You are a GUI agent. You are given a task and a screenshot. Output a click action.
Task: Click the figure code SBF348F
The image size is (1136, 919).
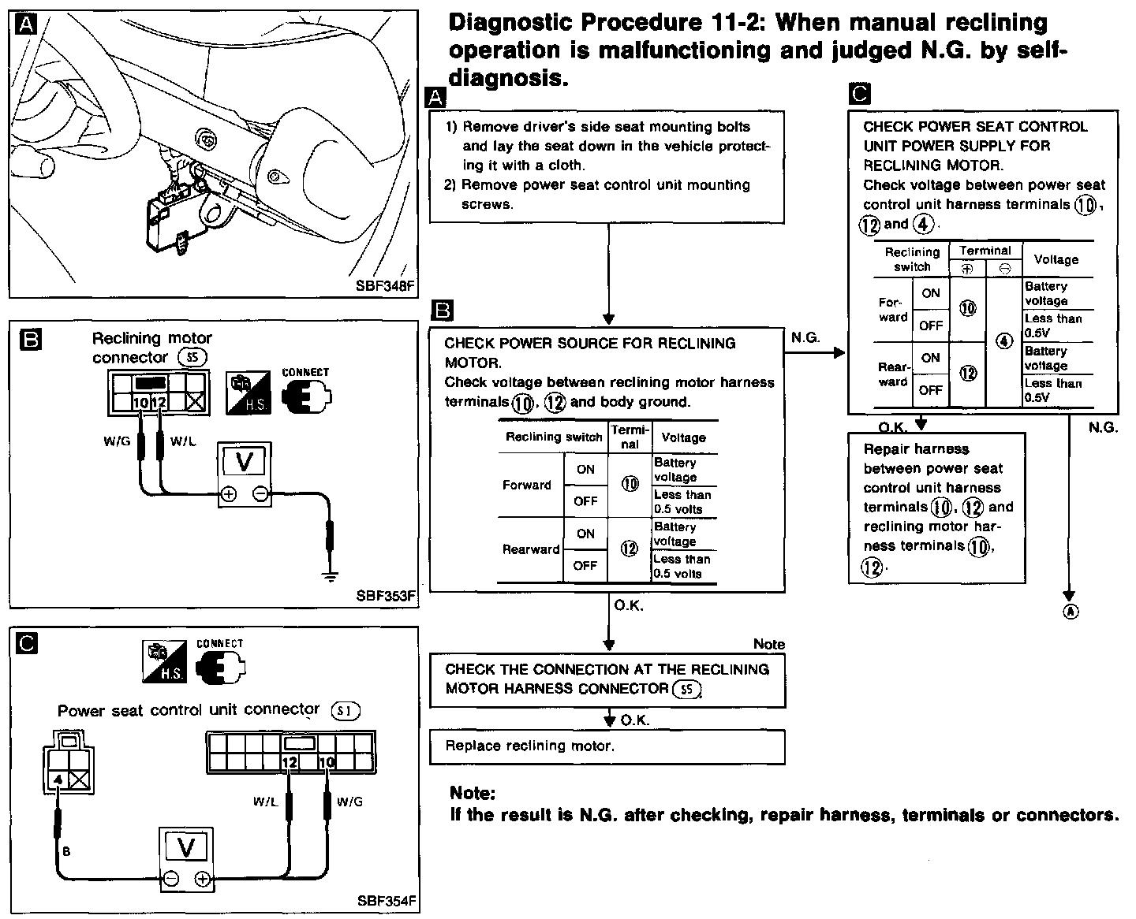pos(384,286)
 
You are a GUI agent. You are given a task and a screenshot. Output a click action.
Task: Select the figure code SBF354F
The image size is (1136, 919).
pos(387,900)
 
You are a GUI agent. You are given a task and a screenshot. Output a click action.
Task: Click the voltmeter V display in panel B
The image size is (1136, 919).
pos(244,461)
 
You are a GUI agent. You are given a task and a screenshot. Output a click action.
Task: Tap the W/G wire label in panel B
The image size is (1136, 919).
pos(116,441)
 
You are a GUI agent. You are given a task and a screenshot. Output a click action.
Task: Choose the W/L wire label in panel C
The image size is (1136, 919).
pos(265,802)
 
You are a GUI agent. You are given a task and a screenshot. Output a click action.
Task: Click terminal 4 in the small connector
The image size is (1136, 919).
pos(58,779)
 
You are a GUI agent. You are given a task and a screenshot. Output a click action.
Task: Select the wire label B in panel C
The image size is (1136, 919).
pos(66,851)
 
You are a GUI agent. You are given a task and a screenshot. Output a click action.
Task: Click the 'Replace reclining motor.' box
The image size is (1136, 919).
pos(607,746)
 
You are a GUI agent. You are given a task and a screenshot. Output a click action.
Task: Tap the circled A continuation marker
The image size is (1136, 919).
pos(1071,612)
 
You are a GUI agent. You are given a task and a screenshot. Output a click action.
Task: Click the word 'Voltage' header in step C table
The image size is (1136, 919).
pos(1056,259)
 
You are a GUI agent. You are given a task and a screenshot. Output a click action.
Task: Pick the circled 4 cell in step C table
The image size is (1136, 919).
pos(1003,341)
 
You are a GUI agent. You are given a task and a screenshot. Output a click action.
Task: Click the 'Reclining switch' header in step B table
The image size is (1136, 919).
pos(553,437)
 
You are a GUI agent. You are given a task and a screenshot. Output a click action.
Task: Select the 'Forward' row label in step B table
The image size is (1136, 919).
pos(527,485)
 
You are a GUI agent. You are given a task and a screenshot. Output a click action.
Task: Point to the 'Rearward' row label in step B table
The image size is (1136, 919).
pos(531,549)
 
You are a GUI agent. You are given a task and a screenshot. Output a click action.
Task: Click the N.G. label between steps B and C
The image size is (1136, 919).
pos(805,337)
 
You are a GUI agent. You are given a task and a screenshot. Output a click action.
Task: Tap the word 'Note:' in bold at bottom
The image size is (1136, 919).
pos(473,793)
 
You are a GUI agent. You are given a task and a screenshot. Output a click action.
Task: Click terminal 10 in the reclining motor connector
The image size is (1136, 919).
pos(140,403)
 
